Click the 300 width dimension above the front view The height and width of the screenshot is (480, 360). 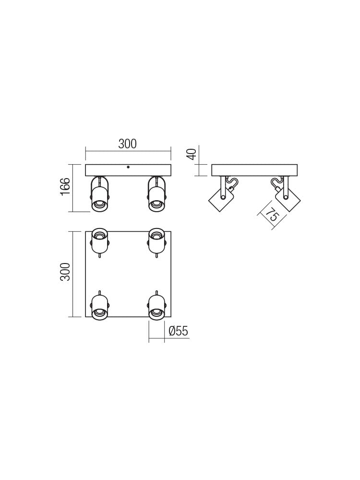(128, 144)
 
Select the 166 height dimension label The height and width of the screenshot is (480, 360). (65, 186)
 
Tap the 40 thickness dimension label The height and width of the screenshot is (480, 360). (192, 154)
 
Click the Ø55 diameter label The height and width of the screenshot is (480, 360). (178, 331)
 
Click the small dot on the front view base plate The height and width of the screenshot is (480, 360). (128, 167)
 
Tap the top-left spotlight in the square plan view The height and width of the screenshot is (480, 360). (99, 240)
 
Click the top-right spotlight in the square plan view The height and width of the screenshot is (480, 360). (156, 240)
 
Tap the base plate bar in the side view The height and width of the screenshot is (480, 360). (254, 170)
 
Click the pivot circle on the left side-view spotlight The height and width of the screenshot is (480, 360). (223, 197)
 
